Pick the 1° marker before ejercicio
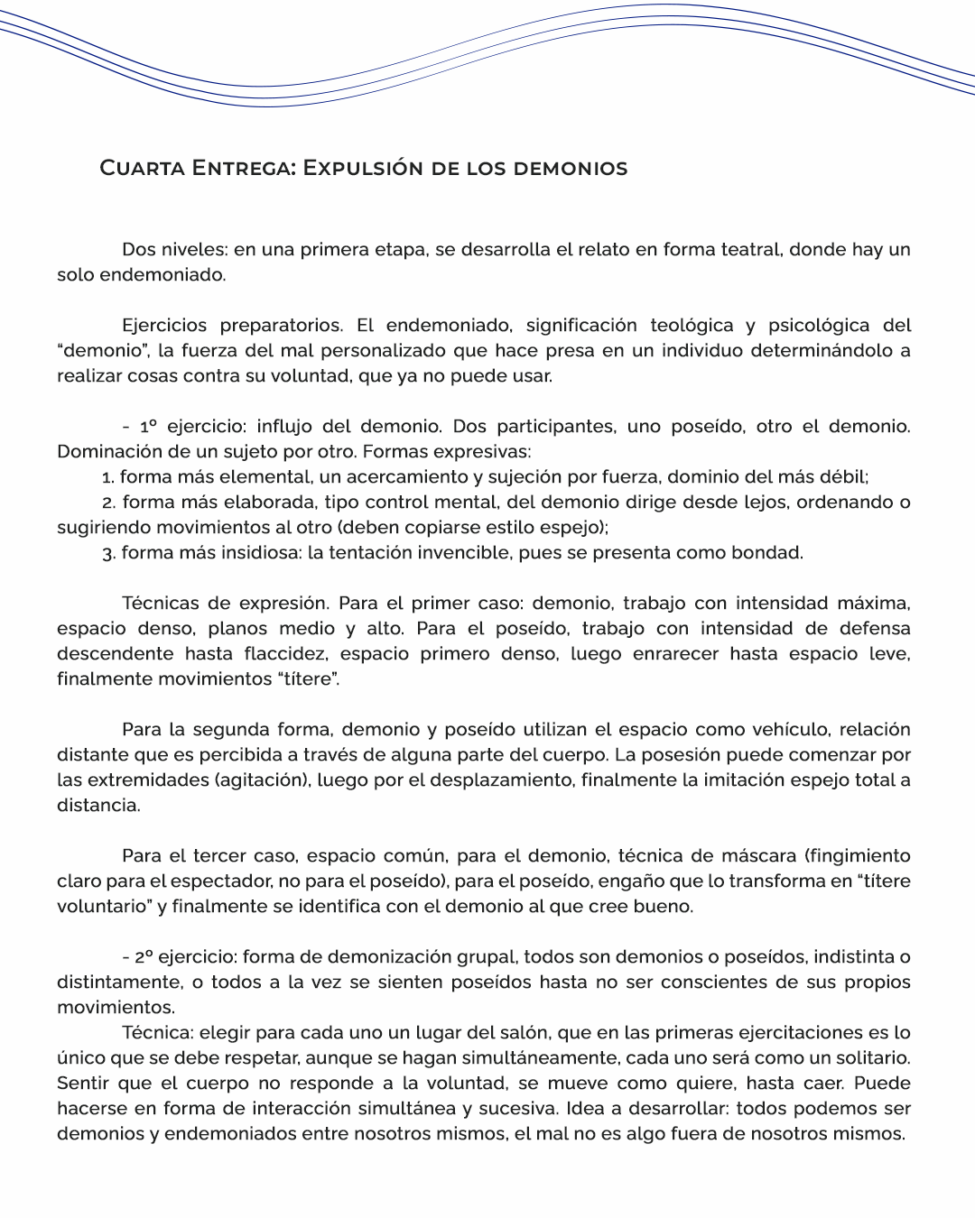pos(149,426)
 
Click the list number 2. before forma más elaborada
pos(108,503)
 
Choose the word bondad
pos(766,552)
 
